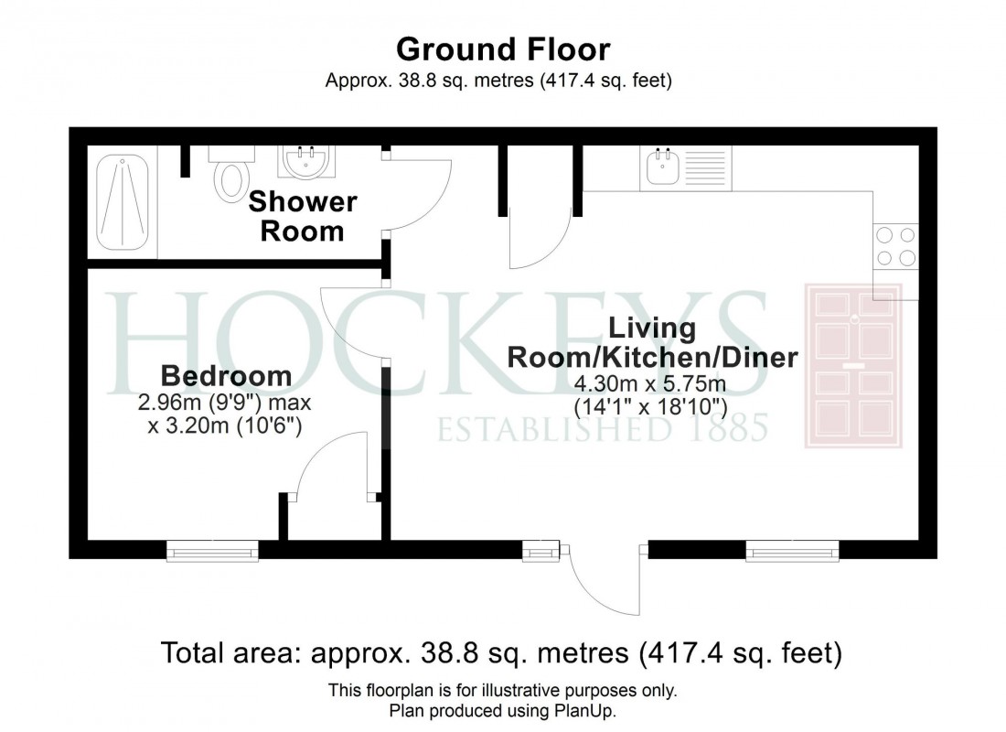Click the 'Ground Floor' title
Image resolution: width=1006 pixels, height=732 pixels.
[x=502, y=48]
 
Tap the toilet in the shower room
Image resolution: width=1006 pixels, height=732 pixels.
[x=229, y=178]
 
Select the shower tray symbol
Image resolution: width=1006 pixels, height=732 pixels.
[x=126, y=203]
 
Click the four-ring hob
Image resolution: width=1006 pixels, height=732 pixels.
[x=895, y=246]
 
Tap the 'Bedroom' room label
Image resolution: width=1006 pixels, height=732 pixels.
[x=226, y=376]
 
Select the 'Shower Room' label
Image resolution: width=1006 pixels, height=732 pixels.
[x=302, y=216]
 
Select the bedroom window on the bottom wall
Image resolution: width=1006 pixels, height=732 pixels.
[x=212, y=550]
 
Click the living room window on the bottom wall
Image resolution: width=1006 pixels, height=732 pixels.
[x=792, y=550]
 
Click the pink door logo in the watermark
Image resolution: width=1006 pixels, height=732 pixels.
[x=852, y=366]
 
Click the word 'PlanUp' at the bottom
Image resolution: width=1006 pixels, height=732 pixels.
[x=594, y=710]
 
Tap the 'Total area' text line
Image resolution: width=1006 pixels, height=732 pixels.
[x=501, y=653]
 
